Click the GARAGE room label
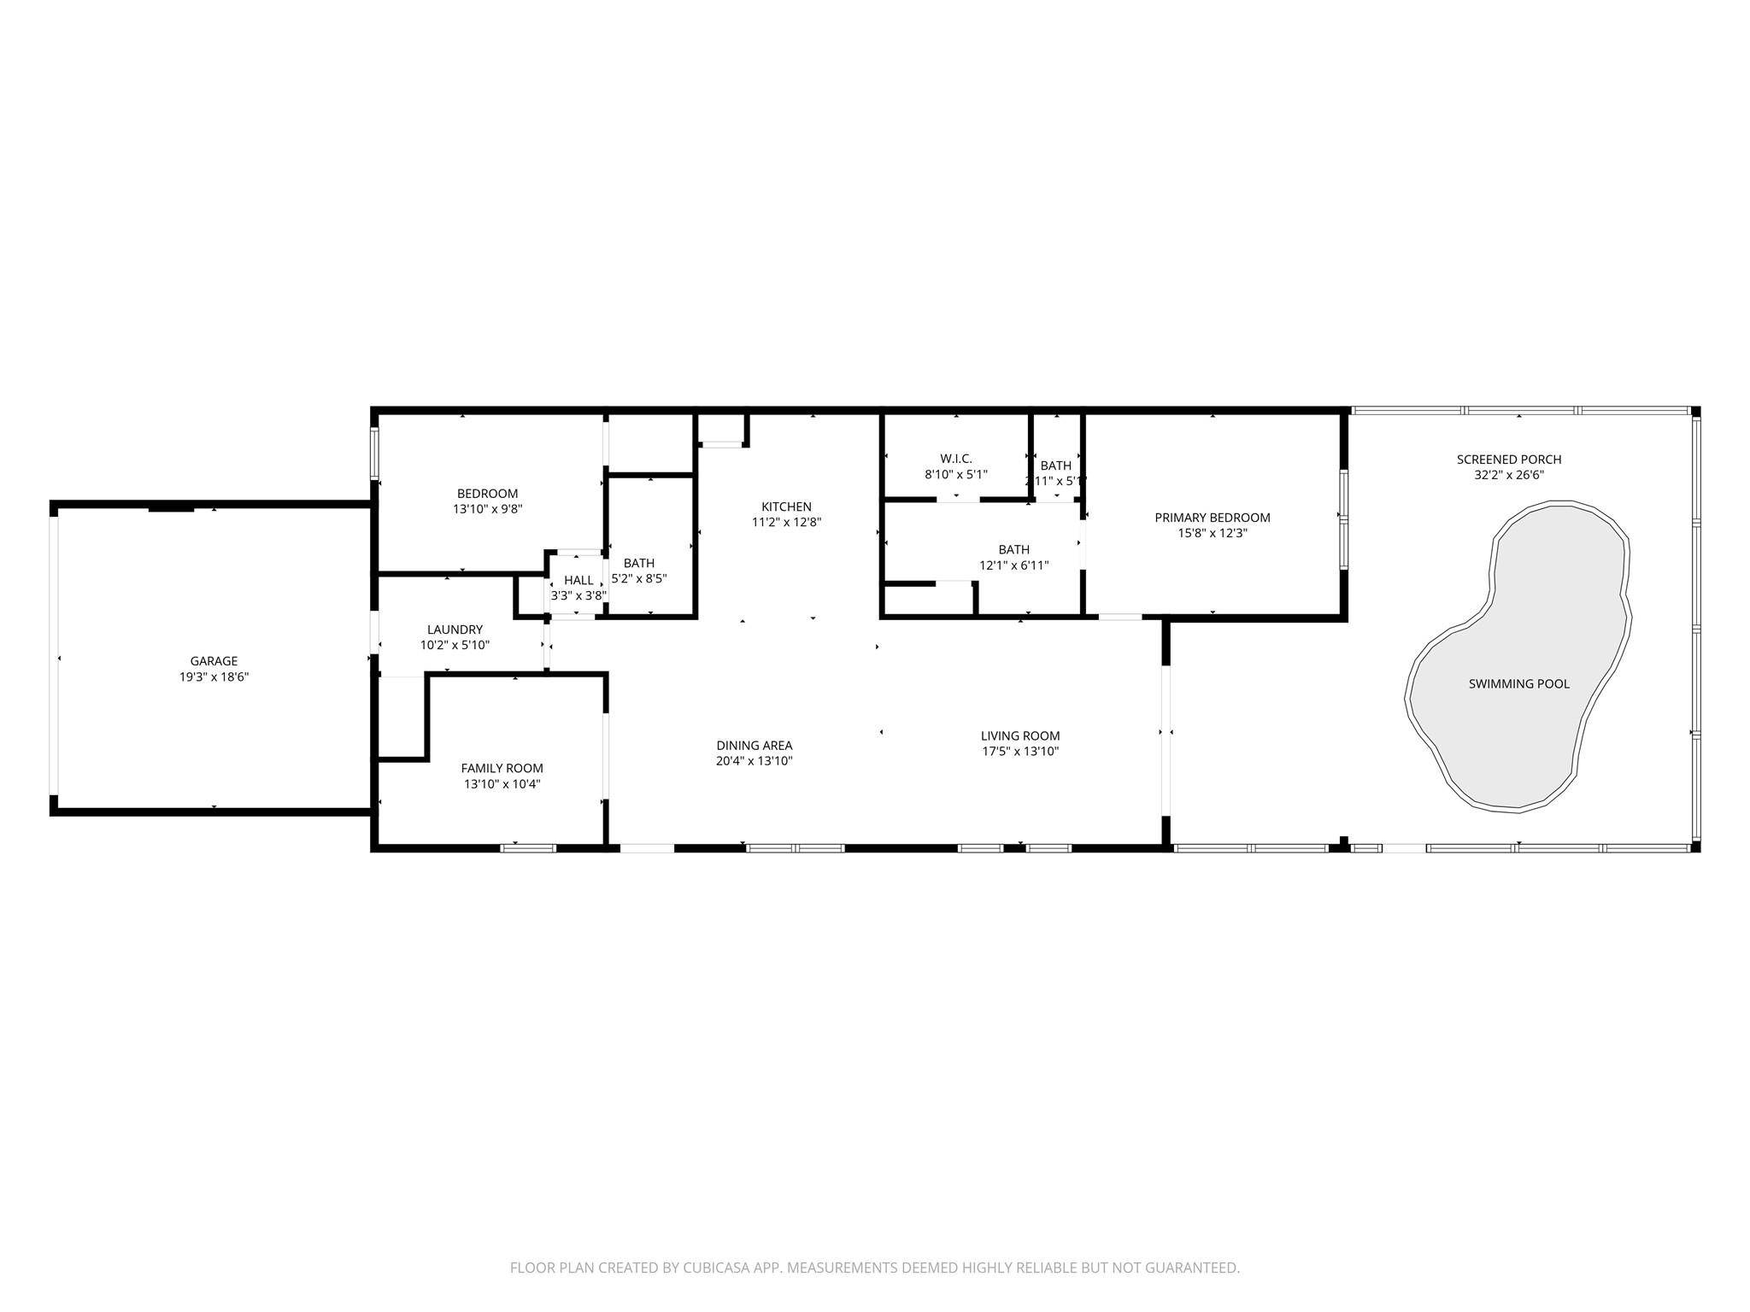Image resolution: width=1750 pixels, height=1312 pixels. (x=214, y=661)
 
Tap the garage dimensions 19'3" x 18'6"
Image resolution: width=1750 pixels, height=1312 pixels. (x=214, y=677)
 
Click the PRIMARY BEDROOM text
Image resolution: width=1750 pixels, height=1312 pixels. (x=1212, y=518)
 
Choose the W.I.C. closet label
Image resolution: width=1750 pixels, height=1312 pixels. (x=955, y=459)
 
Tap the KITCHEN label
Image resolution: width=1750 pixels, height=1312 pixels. (x=786, y=507)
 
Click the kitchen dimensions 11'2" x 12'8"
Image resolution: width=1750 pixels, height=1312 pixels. (x=786, y=523)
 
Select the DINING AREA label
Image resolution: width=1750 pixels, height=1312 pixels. (x=754, y=746)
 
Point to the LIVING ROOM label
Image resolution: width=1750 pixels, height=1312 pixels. (x=1019, y=735)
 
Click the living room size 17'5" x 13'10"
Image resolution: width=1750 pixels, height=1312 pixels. (x=1019, y=752)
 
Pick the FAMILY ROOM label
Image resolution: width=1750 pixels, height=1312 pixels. (x=502, y=768)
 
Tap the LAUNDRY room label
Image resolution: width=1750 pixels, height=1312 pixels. (x=455, y=630)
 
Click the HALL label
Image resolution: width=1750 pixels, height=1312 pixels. (x=578, y=580)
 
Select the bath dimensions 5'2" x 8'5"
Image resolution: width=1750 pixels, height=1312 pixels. (x=638, y=578)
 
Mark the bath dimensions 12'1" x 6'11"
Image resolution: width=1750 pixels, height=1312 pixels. (x=1013, y=565)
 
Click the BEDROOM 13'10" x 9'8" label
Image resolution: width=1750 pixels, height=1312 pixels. (x=487, y=494)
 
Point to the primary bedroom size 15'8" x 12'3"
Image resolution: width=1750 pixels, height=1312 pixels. (x=1212, y=534)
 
